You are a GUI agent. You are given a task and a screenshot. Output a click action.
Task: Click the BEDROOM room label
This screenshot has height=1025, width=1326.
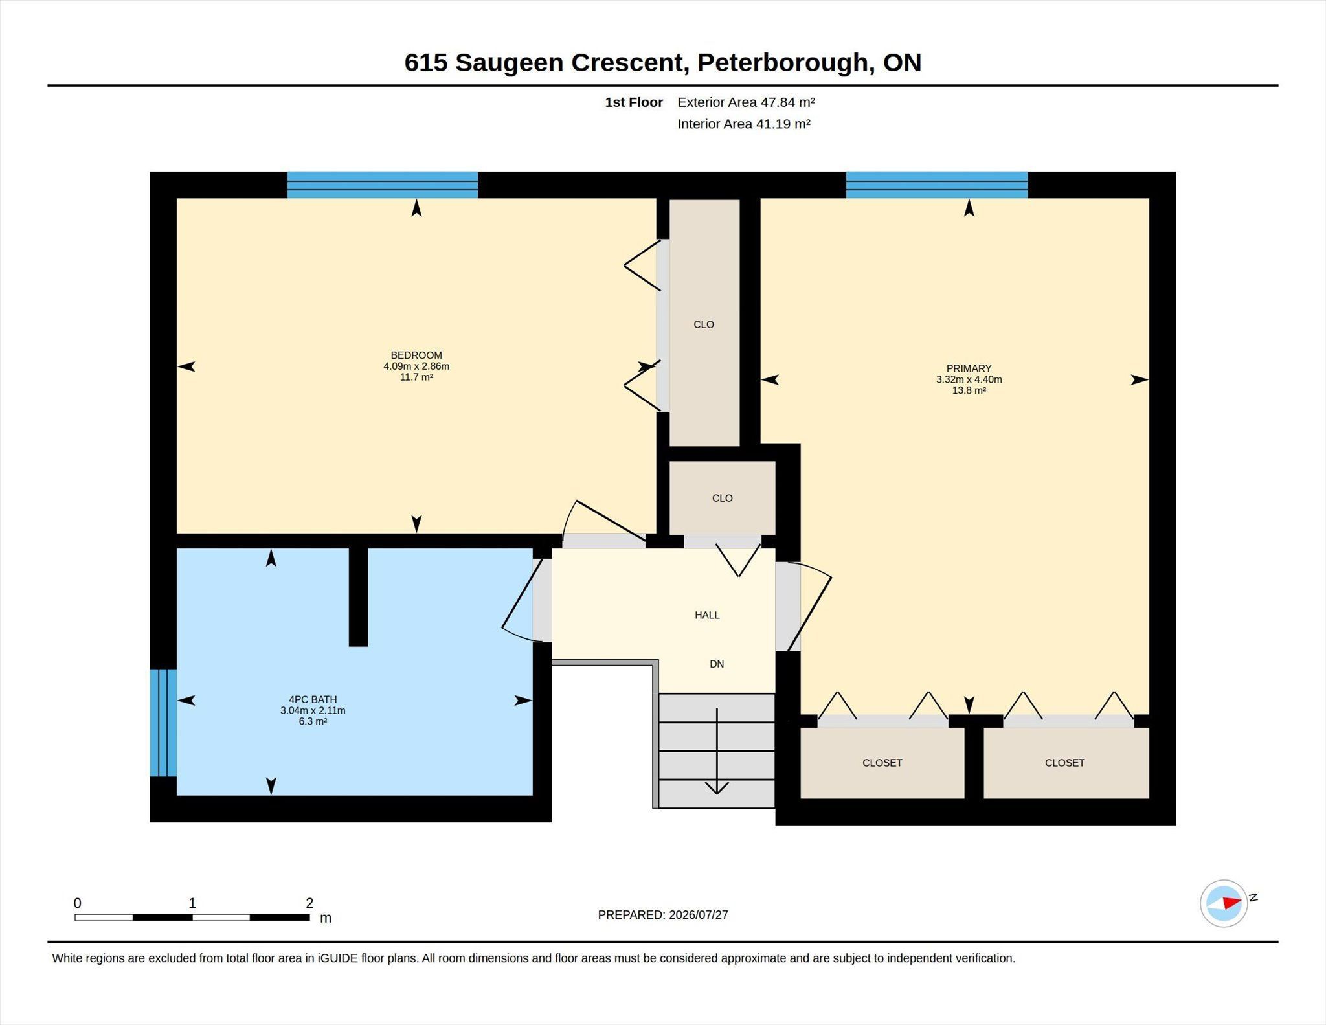click(x=416, y=355)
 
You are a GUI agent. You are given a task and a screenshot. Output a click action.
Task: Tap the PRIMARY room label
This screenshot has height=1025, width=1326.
click(x=969, y=368)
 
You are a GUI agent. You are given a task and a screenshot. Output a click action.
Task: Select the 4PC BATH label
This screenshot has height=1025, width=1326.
click(x=313, y=699)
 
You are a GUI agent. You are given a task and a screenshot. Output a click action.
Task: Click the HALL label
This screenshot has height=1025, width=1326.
click(x=707, y=615)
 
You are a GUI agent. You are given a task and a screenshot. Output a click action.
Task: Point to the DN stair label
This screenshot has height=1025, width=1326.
click(x=717, y=664)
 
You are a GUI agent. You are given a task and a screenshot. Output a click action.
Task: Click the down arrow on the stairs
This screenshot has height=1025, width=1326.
click(x=717, y=751)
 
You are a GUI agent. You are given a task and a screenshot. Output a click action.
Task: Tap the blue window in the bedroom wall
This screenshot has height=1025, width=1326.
click(x=383, y=185)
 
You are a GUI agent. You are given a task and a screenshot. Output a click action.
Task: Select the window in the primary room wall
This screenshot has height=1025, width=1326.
click(x=937, y=185)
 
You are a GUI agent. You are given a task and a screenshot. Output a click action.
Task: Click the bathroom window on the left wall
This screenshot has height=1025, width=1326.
click(x=163, y=722)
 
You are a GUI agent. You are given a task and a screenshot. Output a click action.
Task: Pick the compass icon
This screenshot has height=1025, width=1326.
click(x=1224, y=903)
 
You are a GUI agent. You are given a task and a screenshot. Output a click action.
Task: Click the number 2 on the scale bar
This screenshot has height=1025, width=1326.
click(x=309, y=903)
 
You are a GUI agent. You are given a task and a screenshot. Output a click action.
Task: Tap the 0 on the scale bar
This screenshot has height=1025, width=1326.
click(x=78, y=903)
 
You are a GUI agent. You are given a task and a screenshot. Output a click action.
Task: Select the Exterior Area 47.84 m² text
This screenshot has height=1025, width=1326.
click(x=746, y=102)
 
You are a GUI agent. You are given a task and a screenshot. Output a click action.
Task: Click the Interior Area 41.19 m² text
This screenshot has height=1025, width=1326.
click(x=744, y=124)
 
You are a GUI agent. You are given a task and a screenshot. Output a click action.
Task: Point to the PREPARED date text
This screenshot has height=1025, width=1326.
click(x=663, y=915)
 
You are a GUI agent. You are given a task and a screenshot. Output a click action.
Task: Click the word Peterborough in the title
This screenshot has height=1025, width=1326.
click(x=782, y=62)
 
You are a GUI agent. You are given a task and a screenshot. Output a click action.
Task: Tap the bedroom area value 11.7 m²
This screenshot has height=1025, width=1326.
click(x=416, y=377)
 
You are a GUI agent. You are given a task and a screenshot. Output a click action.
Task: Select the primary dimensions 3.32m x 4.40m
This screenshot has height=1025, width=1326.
click(x=969, y=379)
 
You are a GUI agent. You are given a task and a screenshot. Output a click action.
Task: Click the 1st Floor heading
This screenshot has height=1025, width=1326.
click(x=634, y=102)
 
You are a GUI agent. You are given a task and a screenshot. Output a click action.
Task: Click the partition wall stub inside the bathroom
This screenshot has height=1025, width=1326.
click(x=358, y=597)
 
